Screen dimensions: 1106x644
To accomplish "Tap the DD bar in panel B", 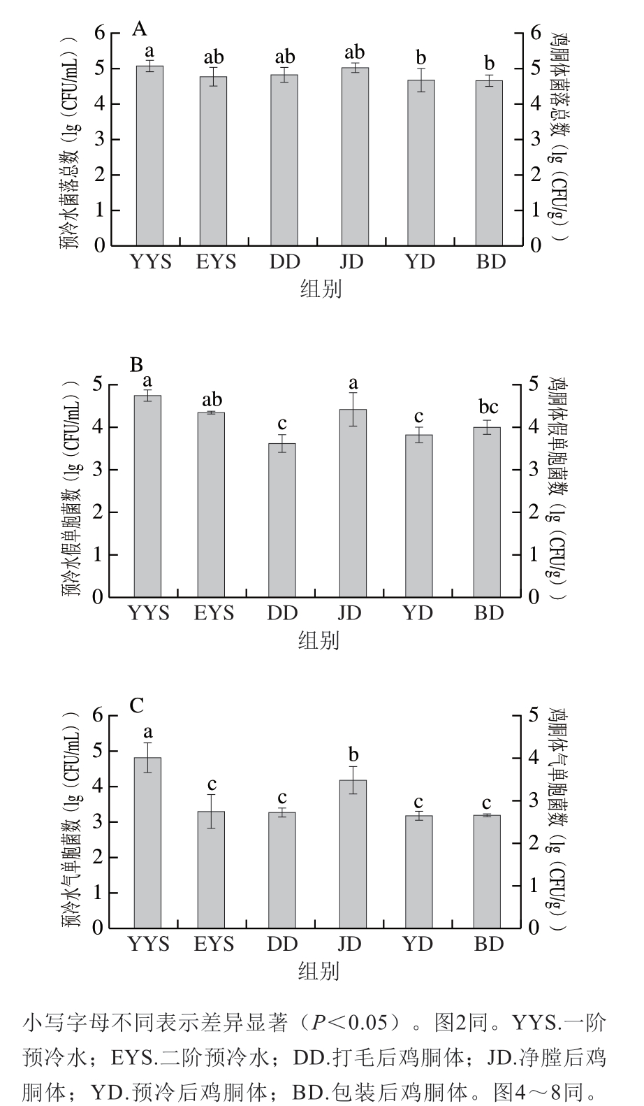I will coord(282,520).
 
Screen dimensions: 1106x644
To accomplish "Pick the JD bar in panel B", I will coord(353,503).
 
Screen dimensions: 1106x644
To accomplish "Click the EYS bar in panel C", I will coord(212,870).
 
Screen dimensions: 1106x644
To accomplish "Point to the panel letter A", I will coord(140,29).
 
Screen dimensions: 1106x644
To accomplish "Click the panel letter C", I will coord(137,706).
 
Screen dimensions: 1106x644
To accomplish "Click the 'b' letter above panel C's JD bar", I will coord(353,755).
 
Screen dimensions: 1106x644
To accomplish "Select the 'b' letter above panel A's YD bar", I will coord(421,57).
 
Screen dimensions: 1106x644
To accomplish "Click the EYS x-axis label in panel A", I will coord(216,262).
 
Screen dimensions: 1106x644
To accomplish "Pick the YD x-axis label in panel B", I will coord(418,613).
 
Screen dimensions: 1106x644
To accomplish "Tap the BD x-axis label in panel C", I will coord(489,945).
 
